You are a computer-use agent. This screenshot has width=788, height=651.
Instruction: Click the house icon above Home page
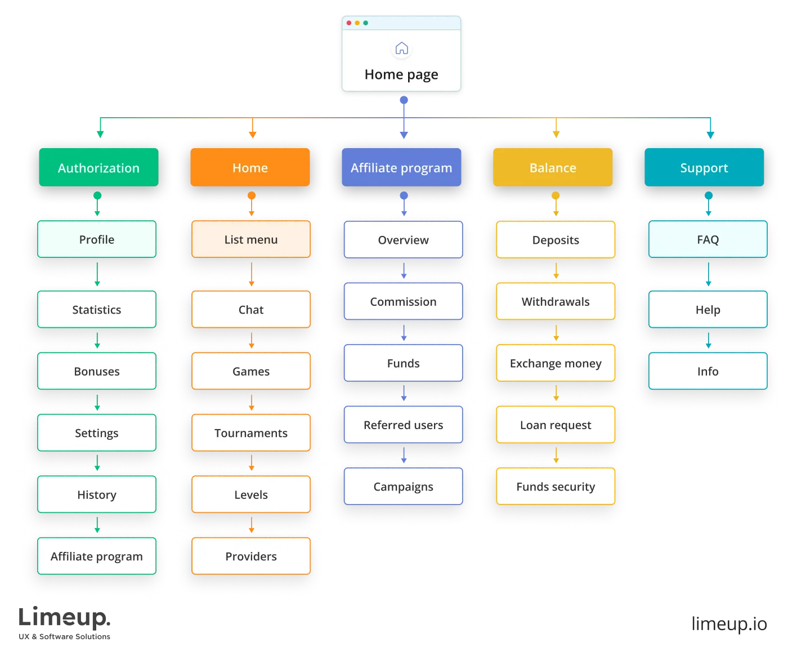point(401,48)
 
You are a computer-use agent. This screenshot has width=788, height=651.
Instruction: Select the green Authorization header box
point(98,168)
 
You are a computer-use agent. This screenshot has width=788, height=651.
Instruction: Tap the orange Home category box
point(250,168)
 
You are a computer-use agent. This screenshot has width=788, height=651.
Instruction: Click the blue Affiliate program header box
point(401,168)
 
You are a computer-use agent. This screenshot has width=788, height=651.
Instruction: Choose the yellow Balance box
point(553,168)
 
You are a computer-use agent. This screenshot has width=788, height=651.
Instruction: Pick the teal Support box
point(704,168)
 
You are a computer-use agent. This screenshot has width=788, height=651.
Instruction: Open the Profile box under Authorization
point(97,239)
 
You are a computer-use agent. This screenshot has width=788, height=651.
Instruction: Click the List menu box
point(251,239)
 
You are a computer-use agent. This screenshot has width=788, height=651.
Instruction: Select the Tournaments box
point(251,432)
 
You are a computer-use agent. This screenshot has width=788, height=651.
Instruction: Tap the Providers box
point(251,556)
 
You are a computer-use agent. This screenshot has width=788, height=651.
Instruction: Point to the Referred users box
point(404,425)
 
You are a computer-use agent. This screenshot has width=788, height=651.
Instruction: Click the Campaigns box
point(404,487)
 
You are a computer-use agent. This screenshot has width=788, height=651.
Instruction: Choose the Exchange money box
point(556,363)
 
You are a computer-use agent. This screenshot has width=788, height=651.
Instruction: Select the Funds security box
point(556,487)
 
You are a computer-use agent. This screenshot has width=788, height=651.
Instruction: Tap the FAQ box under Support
point(708,239)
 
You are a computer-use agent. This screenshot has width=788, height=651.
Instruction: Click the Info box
point(708,371)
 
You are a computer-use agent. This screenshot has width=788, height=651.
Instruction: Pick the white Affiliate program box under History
point(97,556)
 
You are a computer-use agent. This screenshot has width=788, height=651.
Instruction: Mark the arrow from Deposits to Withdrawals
point(556,271)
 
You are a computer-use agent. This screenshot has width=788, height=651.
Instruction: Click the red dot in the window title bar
point(349,23)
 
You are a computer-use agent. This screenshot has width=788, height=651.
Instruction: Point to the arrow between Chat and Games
point(252,340)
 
